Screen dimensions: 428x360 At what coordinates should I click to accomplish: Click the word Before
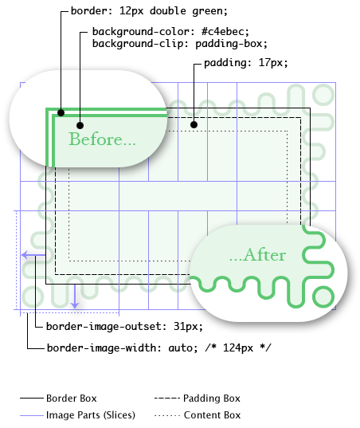click(96, 139)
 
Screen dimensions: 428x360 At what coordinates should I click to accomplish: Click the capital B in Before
click(75, 139)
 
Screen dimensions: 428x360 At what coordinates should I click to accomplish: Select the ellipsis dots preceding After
click(235, 257)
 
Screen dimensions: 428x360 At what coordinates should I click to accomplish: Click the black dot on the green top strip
click(61, 112)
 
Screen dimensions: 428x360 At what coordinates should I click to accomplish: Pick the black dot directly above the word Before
click(80, 125)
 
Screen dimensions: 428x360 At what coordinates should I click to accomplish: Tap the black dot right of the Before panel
click(194, 124)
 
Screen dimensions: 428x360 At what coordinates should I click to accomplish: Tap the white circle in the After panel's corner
click(323, 296)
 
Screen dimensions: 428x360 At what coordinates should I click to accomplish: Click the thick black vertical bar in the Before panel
click(51, 132)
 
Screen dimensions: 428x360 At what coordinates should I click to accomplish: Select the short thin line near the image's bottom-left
click(31, 415)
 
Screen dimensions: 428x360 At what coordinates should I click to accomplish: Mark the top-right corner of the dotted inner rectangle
click(288, 131)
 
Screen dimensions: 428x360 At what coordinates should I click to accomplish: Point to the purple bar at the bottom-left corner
click(13, 313)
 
